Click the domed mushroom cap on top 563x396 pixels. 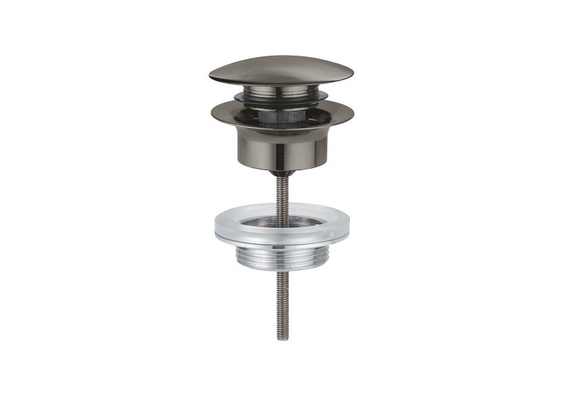281,69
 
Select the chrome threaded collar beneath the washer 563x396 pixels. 281,256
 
